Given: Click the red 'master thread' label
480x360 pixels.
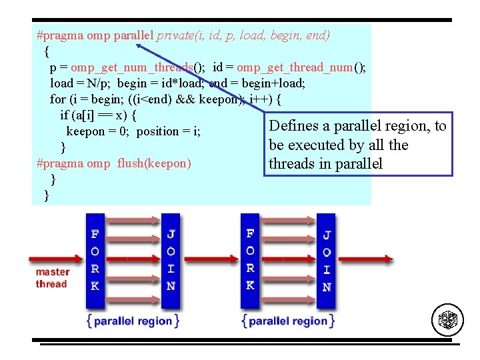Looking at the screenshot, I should pyautogui.click(x=52, y=278).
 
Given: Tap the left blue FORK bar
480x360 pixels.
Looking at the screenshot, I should pyautogui.click(x=95, y=261).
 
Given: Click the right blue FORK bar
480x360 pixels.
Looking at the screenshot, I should pyautogui.click(x=250, y=261).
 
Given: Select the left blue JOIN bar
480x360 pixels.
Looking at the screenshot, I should pyautogui.click(x=171, y=261).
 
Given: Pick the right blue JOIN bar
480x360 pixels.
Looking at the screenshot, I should pyautogui.click(x=326, y=261).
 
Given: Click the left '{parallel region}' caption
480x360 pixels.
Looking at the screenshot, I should pyautogui.click(x=133, y=321).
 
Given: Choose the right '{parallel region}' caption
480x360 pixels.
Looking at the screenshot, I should pyautogui.click(x=288, y=321).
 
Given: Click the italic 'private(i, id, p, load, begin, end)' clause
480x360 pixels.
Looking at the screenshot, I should pyautogui.click(x=243, y=35).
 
